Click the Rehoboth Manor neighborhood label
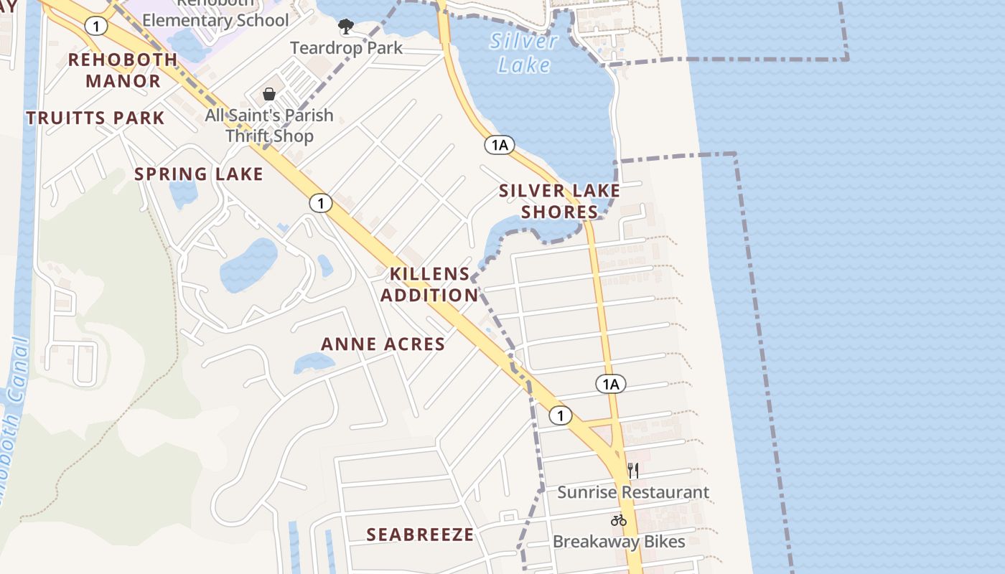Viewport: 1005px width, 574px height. (x=122, y=70)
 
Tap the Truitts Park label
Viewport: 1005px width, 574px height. (x=95, y=118)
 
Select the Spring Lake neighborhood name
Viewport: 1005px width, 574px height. (x=199, y=174)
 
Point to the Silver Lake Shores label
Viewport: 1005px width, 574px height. (x=559, y=202)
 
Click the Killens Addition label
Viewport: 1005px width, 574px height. (x=429, y=285)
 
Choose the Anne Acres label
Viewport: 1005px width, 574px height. (x=383, y=344)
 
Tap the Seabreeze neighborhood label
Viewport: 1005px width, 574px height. (x=420, y=535)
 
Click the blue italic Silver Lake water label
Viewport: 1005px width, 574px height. (x=524, y=52)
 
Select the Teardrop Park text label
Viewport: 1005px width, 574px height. (x=346, y=48)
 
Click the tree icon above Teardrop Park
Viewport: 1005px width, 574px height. (x=346, y=27)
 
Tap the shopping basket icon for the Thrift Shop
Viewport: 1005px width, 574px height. (x=269, y=94)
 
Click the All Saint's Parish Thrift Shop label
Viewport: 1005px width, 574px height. (x=269, y=126)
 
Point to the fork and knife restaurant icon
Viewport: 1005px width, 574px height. (x=632, y=471)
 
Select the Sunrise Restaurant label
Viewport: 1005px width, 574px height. (x=633, y=493)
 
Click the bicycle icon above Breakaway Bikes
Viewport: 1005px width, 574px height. (x=619, y=520)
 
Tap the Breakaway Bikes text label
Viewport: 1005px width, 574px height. (x=619, y=542)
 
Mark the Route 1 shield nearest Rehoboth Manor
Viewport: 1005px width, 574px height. (x=95, y=27)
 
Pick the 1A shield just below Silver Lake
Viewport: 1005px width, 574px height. (x=500, y=145)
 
